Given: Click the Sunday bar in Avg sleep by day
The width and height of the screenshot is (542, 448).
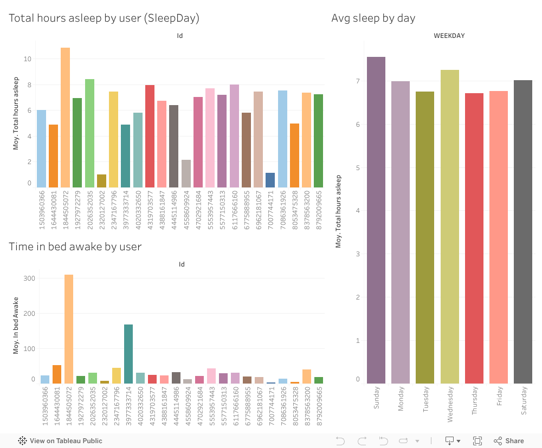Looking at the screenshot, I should pos(376,220).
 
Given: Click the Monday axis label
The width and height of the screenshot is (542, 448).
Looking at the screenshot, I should pos(401,399).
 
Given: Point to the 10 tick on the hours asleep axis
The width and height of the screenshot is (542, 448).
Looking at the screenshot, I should pos(28,59).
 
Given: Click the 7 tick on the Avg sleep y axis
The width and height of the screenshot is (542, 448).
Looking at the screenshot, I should pos(358,81).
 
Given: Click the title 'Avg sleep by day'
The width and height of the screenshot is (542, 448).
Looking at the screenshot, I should pos(373,18).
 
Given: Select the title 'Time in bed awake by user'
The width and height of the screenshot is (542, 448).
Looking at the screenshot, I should pos(75,247).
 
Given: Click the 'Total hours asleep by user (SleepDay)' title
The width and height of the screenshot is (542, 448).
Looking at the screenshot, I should pos(104,18).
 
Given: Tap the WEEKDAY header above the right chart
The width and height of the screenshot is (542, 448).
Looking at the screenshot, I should pos(449,36).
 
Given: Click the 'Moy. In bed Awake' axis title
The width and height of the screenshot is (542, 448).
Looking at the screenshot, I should pos(16,329).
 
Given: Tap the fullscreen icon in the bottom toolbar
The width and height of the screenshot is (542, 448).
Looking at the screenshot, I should pos(478,441).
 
